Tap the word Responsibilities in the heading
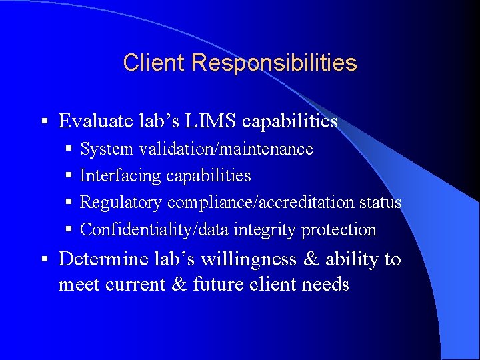coord(274,63)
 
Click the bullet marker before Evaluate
coord(43,121)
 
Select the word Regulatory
coord(121,203)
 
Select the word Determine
coord(103,259)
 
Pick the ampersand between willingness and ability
coord(311,259)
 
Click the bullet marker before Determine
coord(43,259)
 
